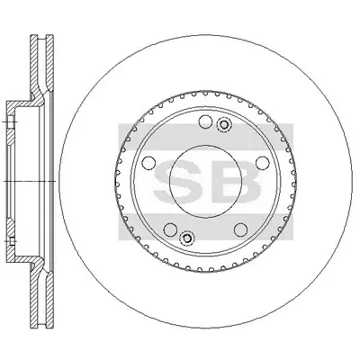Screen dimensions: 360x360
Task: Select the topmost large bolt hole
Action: (x=205, y=121)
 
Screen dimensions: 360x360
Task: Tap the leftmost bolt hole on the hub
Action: (x=148, y=162)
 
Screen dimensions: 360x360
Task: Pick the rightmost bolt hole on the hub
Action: (x=262, y=162)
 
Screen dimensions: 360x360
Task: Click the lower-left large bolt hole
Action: (x=170, y=229)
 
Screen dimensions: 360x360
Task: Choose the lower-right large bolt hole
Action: (x=240, y=229)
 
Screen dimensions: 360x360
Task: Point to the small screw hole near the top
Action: (x=223, y=124)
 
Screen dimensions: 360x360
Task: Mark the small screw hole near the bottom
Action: (x=186, y=238)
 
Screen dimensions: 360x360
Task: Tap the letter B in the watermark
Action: (x=236, y=182)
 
